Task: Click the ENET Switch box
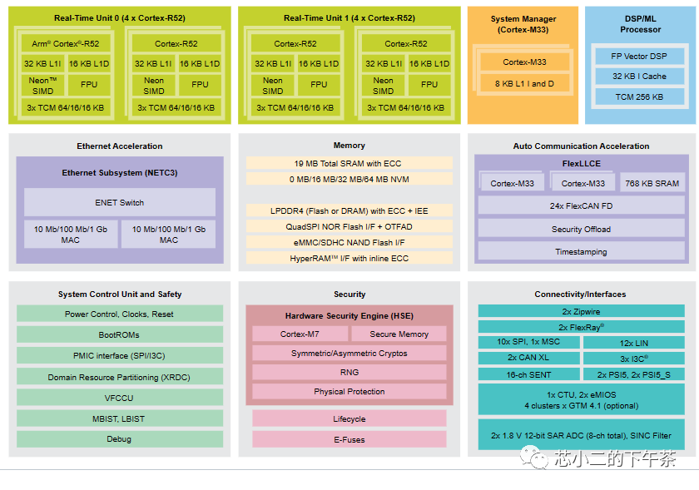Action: tap(119, 202)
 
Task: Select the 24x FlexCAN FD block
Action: tap(581, 205)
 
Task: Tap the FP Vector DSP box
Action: tap(639, 56)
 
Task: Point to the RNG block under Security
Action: tap(349, 372)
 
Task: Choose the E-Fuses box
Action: tap(349, 439)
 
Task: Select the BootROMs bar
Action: tap(119, 334)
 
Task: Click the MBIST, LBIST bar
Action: tap(119, 418)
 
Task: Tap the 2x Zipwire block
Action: tap(581, 311)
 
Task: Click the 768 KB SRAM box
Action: tap(652, 183)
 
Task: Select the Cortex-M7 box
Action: tap(300, 334)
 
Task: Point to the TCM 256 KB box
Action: tap(639, 97)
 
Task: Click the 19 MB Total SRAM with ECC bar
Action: tap(349, 163)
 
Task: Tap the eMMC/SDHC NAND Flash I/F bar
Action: tap(349, 242)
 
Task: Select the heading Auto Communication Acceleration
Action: tap(581, 146)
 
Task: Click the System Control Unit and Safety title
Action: tap(119, 294)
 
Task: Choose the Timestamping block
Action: tap(581, 251)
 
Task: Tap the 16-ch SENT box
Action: tap(529, 374)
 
